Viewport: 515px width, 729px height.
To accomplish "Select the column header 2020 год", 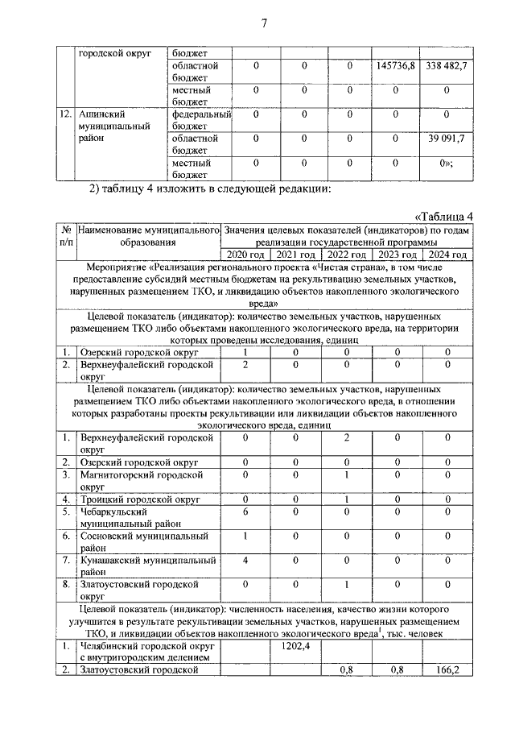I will pyautogui.click(x=246, y=255).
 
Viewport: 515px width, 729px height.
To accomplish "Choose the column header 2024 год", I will pyautogui.click(x=447, y=255).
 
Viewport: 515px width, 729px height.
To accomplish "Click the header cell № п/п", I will pyautogui.click(x=67, y=236).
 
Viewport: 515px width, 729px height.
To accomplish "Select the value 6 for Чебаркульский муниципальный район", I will pyautogui.click(x=246, y=512).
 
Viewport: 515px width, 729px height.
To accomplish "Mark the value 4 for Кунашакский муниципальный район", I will pyautogui.click(x=246, y=560).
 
